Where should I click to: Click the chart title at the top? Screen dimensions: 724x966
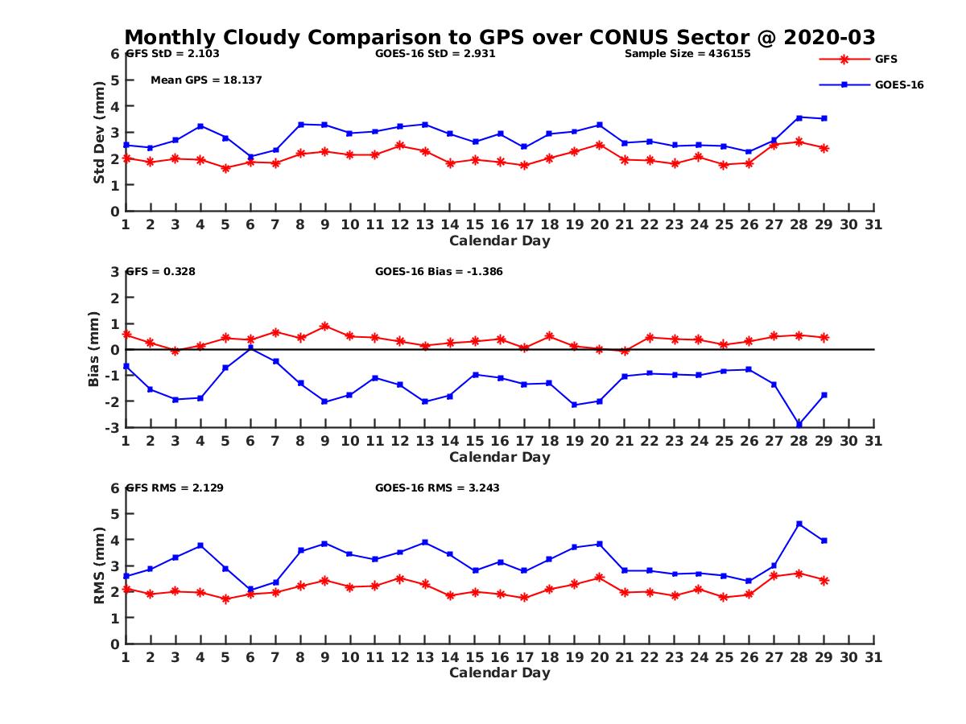[x=499, y=37]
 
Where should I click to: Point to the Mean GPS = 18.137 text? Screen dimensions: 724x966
[x=206, y=80]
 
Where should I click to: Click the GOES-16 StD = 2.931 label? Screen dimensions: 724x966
[x=435, y=54]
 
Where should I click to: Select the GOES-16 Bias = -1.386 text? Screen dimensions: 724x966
[x=439, y=272]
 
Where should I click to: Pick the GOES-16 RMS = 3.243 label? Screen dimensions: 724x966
[x=437, y=487]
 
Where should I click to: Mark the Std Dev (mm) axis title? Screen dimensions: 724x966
[x=100, y=132]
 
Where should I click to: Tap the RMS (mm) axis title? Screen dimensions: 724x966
[x=100, y=566]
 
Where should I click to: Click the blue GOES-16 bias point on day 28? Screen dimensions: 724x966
[x=799, y=424]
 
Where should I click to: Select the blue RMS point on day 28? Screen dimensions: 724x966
[x=799, y=524]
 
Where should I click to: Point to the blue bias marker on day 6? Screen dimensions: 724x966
[x=250, y=348]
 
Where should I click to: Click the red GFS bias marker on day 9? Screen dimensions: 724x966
[x=325, y=327]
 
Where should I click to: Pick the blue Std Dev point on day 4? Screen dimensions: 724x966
[x=200, y=126]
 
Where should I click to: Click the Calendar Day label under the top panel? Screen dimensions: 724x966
[x=499, y=241]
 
